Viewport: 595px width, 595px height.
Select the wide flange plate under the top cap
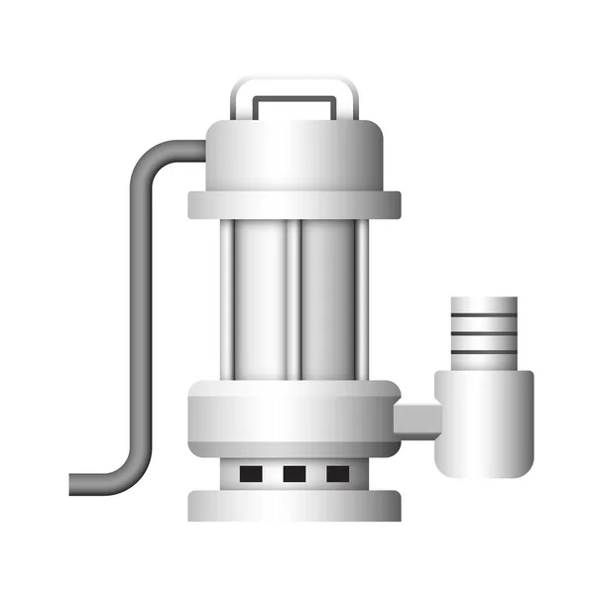[295, 204]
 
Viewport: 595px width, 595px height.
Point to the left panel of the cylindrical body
[260, 297]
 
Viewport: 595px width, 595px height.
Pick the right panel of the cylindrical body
[330, 297]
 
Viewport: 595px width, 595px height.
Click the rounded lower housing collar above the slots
[295, 416]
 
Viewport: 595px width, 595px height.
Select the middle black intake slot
[295, 474]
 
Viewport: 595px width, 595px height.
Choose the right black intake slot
[338, 474]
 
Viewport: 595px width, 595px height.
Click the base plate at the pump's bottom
[295, 505]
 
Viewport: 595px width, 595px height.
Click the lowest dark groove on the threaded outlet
[483, 355]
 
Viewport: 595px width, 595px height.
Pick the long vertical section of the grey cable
[136, 317]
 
